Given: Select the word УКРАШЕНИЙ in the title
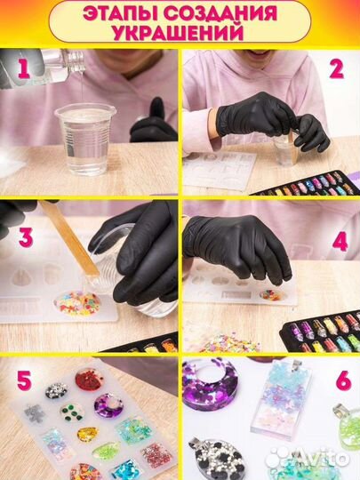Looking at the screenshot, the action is coord(179,32).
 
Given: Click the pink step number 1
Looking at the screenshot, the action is coord(24,68).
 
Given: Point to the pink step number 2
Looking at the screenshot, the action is coord(336,69).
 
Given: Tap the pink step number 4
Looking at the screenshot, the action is coord(340,241).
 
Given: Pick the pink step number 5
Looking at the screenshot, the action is coord(25,380).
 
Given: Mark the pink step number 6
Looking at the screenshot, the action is coord(343,380).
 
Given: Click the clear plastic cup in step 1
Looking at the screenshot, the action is coord(85,139).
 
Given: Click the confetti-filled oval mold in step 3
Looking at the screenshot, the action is coord(77,304).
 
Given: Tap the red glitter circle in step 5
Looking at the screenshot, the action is coord(89,380).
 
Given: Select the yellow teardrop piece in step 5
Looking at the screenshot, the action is coord(87,434).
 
